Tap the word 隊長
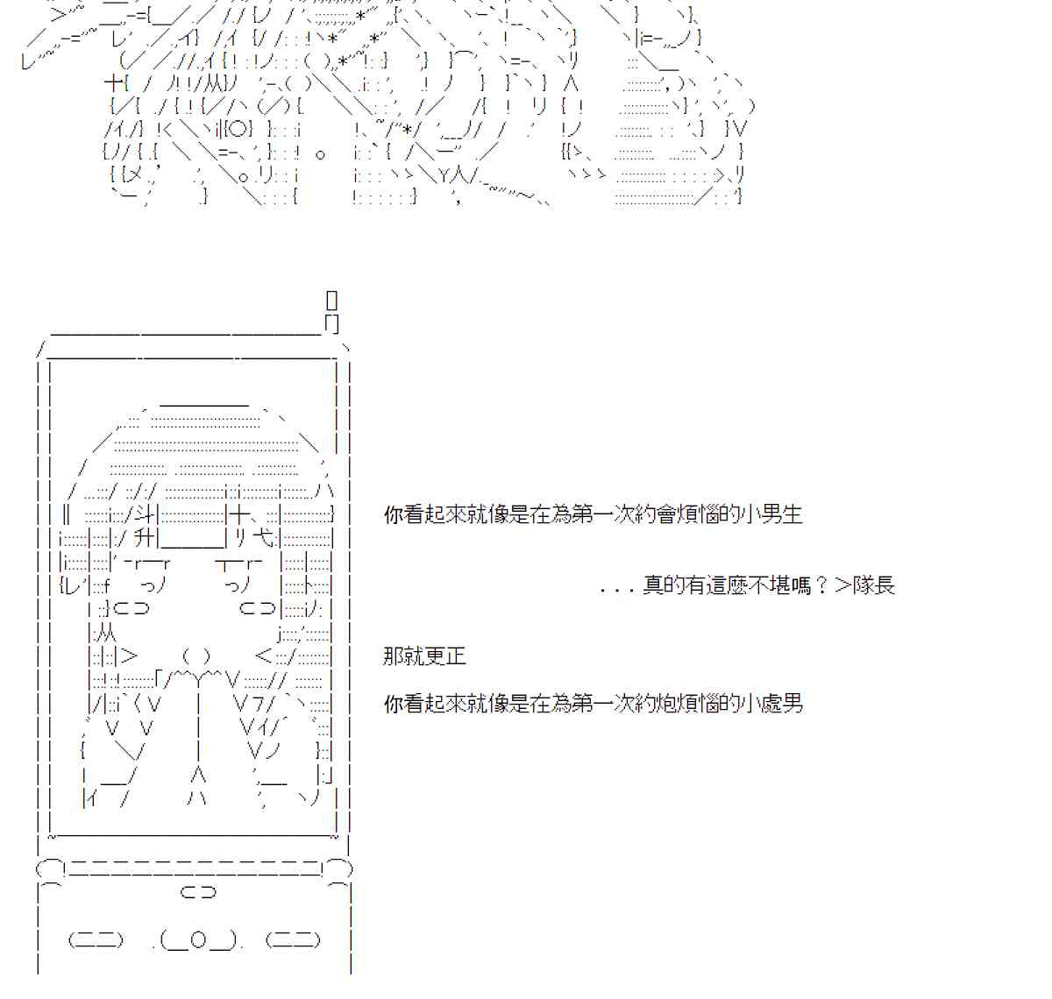[x=874, y=585]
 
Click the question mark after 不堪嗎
[x=821, y=585]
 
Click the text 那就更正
[x=424, y=656]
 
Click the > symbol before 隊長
[x=842, y=585]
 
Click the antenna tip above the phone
[x=331, y=300]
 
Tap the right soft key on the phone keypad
[x=293, y=940]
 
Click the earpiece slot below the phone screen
[x=197, y=893]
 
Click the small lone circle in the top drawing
[x=320, y=154]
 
